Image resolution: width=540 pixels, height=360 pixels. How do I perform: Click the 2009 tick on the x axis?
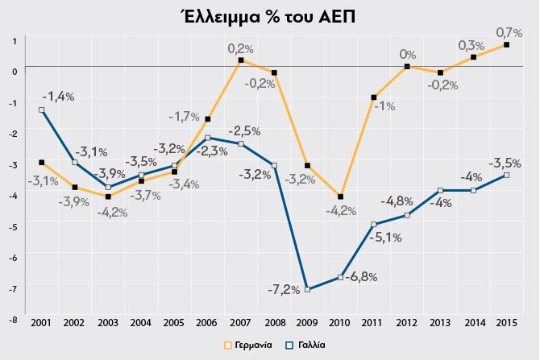tap(307, 322)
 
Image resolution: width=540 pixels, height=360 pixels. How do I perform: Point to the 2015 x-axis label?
tap(506, 322)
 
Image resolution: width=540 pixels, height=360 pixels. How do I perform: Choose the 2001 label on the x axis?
tap(41, 322)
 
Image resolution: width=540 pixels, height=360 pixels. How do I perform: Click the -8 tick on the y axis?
tap(12, 318)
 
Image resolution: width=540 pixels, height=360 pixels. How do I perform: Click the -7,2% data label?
tap(284, 288)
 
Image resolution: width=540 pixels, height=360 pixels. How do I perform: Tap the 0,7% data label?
tap(509, 32)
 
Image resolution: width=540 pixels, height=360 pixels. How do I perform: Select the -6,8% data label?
tap(361, 276)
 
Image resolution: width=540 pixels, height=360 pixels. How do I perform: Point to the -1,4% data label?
tap(57, 97)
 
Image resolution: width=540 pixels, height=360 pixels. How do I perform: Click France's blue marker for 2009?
tap(307, 289)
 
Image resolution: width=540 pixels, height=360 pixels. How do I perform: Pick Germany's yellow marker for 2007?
tap(241, 60)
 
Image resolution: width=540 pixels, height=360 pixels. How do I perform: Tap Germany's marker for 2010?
tap(341, 197)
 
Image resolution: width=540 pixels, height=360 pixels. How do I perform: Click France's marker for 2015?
tap(506, 175)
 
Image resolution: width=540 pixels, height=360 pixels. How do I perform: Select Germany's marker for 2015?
tap(506, 45)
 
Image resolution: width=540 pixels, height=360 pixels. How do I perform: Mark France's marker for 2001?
tap(41, 110)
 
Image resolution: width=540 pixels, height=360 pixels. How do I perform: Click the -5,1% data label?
tap(385, 238)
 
